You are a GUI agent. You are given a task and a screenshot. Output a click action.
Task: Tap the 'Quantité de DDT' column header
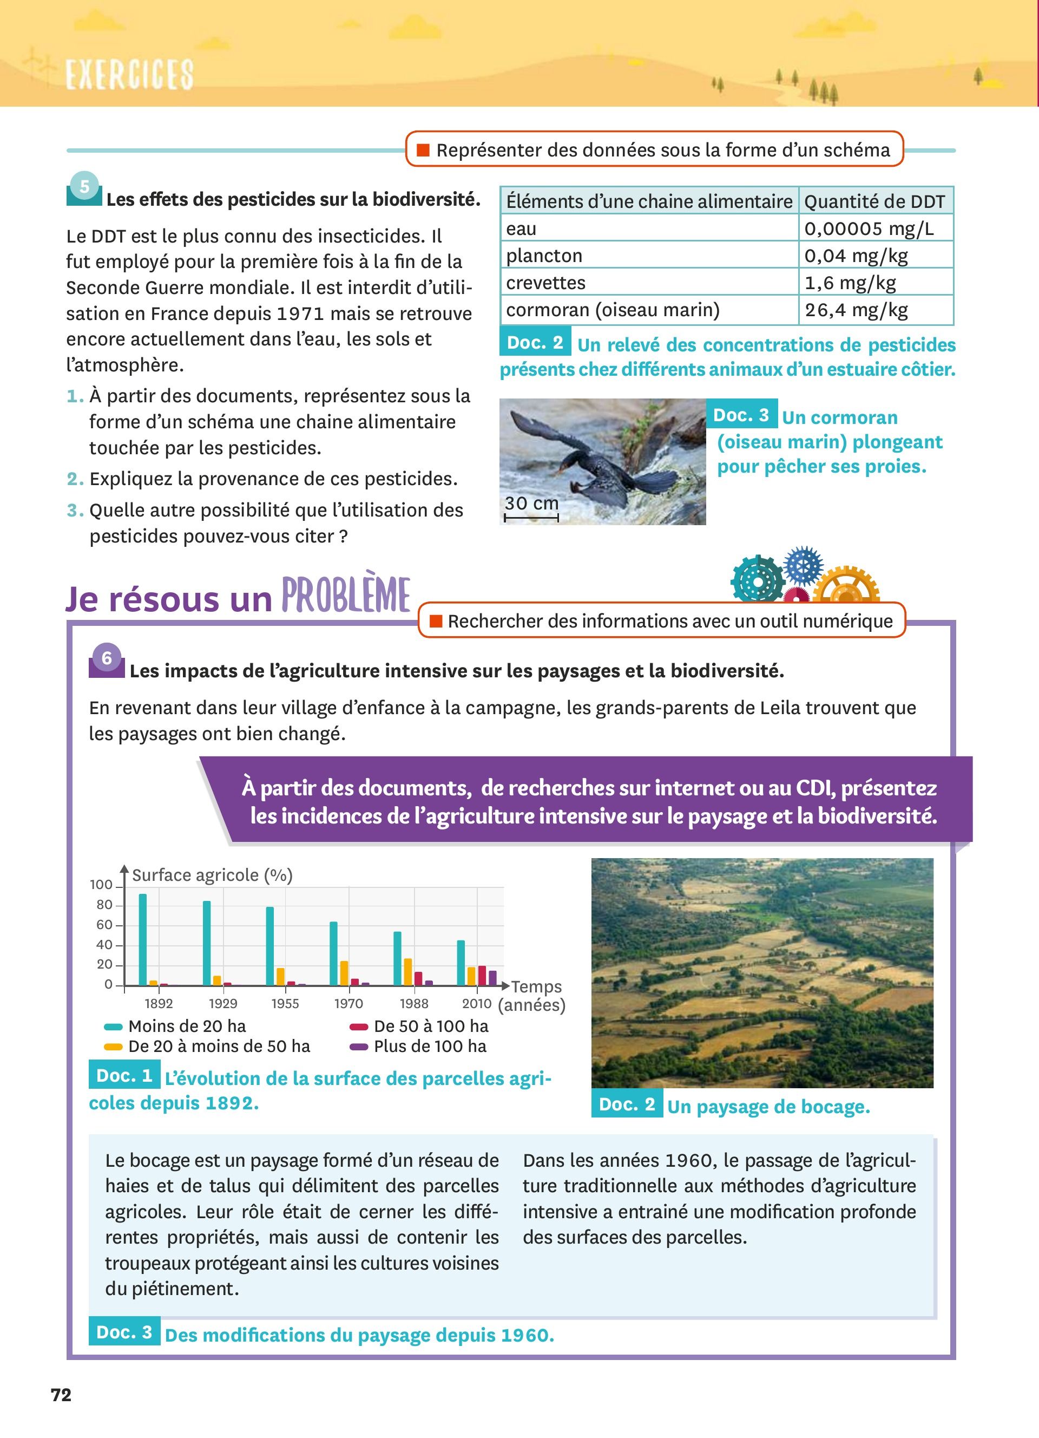(x=874, y=201)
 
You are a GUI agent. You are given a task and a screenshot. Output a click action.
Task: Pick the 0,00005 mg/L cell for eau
(x=869, y=228)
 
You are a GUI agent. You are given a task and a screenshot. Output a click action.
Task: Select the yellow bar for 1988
(x=407, y=972)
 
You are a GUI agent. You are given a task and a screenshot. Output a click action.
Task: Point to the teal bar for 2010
(x=461, y=963)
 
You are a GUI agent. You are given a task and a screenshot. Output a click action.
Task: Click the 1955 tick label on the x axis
(x=285, y=1003)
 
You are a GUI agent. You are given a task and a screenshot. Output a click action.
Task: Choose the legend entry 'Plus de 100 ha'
(x=430, y=1046)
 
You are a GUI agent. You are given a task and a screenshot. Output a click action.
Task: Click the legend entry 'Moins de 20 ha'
(x=187, y=1026)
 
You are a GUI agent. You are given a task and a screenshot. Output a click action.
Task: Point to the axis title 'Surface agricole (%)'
(x=212, y=875)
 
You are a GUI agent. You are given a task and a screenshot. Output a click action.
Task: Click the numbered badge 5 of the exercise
(x=84, y=186)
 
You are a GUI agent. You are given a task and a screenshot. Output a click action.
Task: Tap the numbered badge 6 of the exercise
(x=107, y=658)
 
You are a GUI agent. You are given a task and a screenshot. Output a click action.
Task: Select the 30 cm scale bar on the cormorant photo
(x=531, y=518)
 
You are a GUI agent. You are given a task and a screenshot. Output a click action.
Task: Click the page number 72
(x=62, y=1395)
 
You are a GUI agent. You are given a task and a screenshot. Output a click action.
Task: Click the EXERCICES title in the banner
(x=129, y=75)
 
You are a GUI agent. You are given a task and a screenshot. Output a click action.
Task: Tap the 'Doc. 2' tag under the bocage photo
(x=627, y=1104)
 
